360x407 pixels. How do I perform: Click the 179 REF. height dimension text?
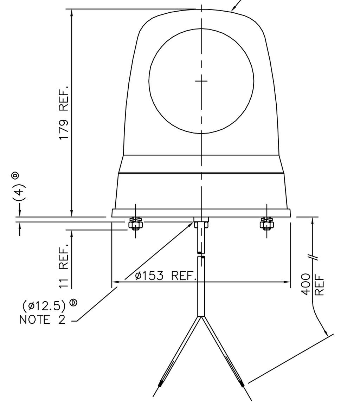[64, 112]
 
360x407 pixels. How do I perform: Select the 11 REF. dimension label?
[64, 266]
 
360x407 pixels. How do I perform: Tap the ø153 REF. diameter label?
[166, 276]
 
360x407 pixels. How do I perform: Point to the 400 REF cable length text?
[313, 284]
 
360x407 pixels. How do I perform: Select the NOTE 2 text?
[42, 319]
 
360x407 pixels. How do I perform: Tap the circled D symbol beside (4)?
[16, 175]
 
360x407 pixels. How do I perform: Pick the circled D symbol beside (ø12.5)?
[74, 302]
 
